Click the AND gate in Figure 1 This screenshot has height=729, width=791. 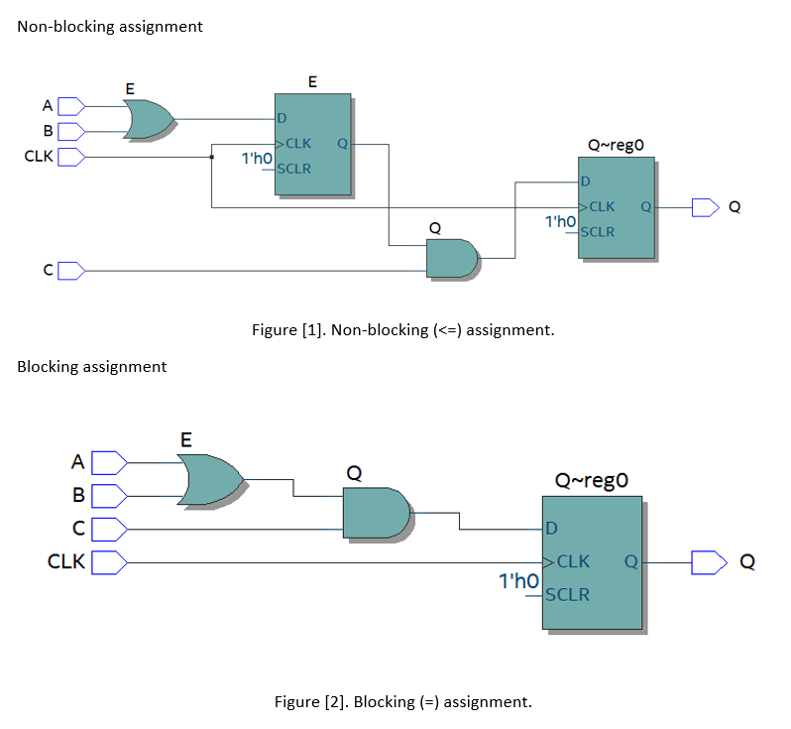452,258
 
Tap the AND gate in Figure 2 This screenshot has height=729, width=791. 376,513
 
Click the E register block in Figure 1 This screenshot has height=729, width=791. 312,144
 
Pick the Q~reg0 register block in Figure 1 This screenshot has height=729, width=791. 616,207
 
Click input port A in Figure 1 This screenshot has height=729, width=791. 71,105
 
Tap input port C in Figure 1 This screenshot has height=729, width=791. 71,270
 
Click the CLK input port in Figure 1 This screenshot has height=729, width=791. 71,157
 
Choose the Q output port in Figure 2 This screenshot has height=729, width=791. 708,562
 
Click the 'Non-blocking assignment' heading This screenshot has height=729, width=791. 110,27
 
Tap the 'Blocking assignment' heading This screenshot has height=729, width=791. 92,367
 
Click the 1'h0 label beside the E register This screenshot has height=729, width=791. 257,158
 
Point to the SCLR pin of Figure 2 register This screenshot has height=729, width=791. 567,595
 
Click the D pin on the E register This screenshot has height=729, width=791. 282,118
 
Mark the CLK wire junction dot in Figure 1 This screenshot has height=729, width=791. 211,157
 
